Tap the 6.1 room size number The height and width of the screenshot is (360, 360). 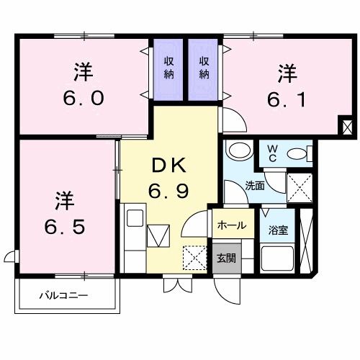pos(287,98)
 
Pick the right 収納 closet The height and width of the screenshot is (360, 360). pos(204,67)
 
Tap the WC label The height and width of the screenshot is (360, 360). pos(274,153)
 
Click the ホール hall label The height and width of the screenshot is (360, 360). pos(230,225)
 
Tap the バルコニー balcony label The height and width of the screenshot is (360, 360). pos(63,295)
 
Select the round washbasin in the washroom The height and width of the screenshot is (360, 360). pos(235,151)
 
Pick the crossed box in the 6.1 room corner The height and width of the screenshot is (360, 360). pos(348,128)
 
